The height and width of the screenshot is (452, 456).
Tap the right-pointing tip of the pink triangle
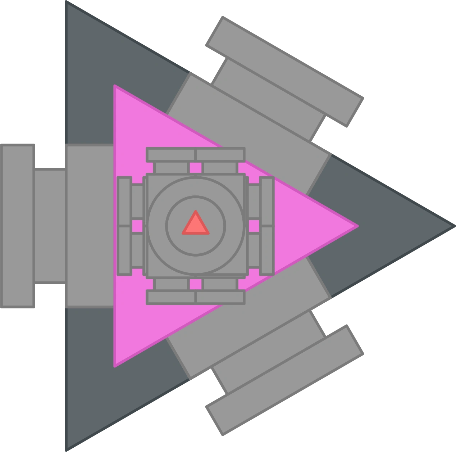click(356, 226)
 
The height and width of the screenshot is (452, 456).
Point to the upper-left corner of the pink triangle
click(115, 87)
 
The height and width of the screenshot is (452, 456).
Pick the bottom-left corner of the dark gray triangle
click(65, 448)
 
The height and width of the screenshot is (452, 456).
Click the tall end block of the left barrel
click(19, 226)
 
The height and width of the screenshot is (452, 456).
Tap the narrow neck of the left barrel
click(50, 226)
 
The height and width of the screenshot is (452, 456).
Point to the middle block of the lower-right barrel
click(268, 352)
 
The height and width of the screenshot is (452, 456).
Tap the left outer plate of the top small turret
click(171, 155)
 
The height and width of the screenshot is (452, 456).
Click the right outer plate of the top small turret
click(220, 155)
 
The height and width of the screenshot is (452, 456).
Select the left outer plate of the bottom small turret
click(171, 297)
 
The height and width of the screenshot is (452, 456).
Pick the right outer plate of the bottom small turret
click(220, 297)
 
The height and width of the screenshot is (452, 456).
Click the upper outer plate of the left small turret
click(124, 201)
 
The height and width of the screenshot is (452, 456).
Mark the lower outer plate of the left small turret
click(124, 250)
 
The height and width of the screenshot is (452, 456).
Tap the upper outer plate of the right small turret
click(266, 201)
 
